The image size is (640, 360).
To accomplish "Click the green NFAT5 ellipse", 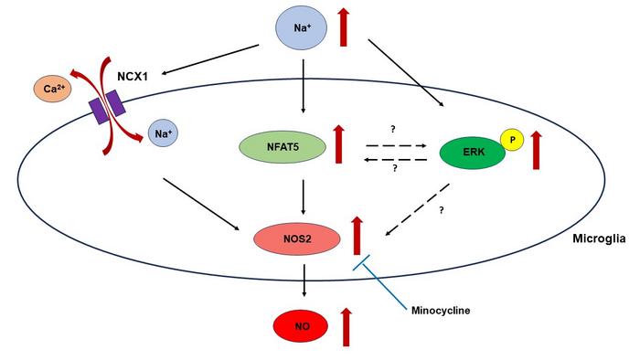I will (x=280, y=146).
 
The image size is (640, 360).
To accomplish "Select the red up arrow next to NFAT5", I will (x=339, y=144).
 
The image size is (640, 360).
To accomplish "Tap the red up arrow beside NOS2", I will (x=357, y=235).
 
